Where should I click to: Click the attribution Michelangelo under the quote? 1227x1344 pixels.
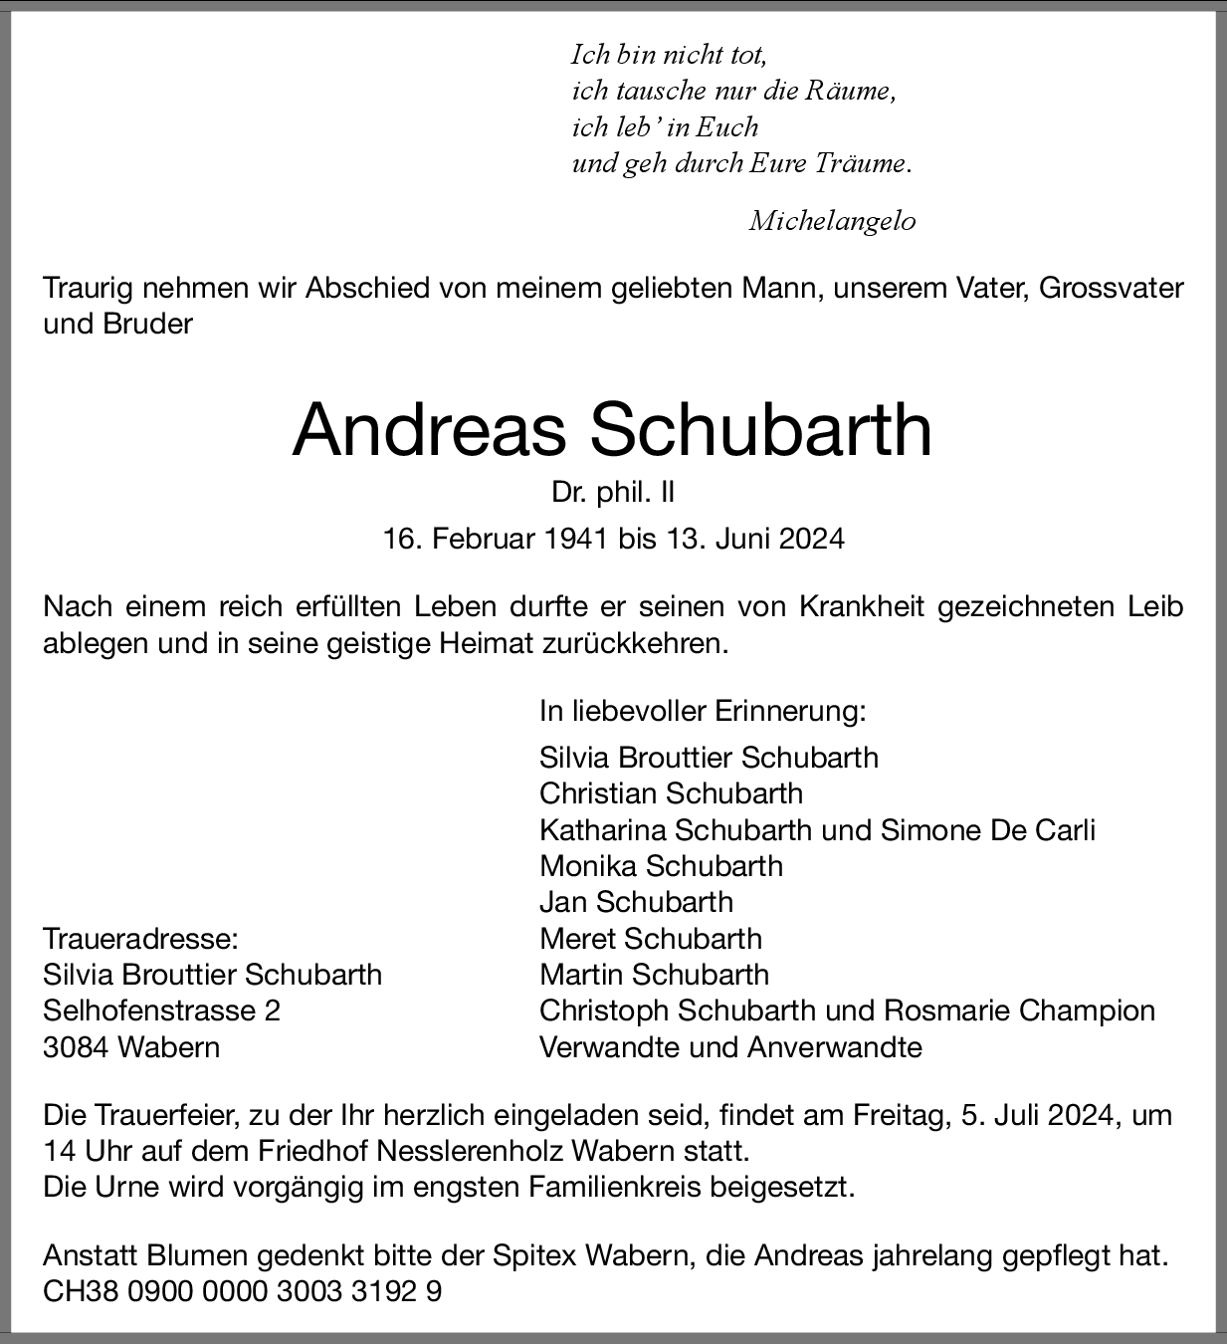coord(832,221)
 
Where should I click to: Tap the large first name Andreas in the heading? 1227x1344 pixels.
coord(429,430)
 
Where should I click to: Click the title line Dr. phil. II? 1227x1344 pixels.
coord(613,492)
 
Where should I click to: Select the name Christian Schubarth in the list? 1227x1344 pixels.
coord(671,793)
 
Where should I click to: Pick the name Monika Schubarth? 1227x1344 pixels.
coord(661,866)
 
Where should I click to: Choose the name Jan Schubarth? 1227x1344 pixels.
coord(636,902)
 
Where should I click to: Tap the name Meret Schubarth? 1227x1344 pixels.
coord(651,938)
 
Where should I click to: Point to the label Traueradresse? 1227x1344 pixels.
coord(140,938)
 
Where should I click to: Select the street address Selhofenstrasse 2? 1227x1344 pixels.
coord(161,1010)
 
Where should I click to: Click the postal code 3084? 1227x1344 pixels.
coord(76,1047)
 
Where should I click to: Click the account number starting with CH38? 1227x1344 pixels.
coord(242,1292)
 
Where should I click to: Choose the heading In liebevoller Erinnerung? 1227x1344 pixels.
coord(703,711)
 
